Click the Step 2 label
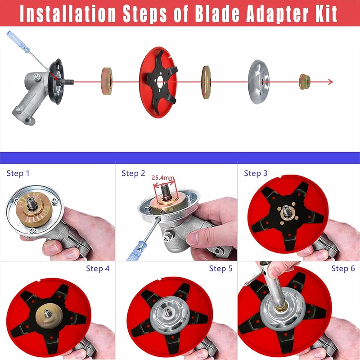133,173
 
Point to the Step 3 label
256,173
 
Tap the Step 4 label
98,269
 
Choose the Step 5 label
220,269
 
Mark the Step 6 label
343,269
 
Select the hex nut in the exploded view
305,81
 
